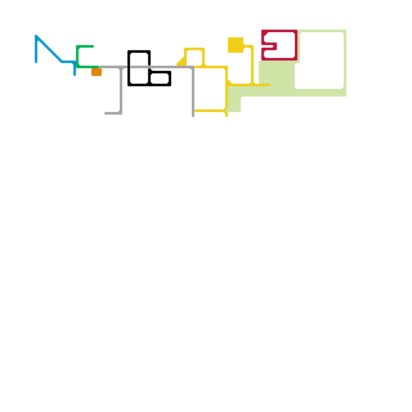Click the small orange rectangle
click(x=97, y=72)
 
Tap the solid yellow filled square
click(x=235, y=45)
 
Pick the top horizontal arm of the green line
click(x=85, y=46)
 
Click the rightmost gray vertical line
click(x=193, y=93)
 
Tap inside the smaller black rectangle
click(x=160, y=79)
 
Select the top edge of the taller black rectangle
click(x=139, y=51)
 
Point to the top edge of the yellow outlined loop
click(x=194, y=49)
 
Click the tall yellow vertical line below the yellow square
click(x=252, y=64)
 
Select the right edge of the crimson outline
click(x=296, y=45)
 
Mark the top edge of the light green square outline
click(x=322, y=31)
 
